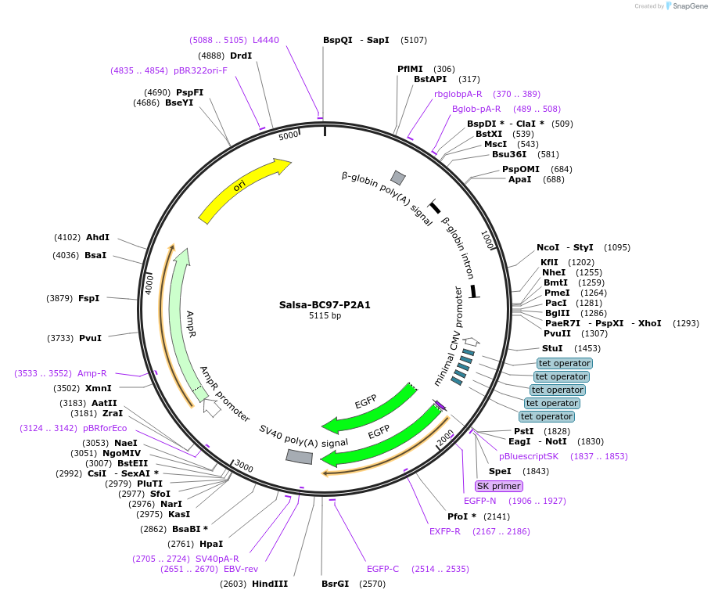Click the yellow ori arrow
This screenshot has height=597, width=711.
point(243,188)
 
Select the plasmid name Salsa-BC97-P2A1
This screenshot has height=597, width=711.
point(325,305)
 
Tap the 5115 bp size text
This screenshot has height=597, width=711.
point(325,316)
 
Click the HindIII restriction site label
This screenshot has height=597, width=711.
point(270,584)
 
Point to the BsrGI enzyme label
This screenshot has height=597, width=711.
point(335,584)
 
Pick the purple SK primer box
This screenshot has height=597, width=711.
point(498,486)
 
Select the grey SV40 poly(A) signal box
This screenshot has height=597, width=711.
point(300,456)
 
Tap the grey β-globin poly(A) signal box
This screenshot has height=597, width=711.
point(398,178)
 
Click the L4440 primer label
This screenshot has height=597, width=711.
point(265,40)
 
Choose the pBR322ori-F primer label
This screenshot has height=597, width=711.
point(200,70)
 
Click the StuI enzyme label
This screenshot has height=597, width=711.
point(552,348)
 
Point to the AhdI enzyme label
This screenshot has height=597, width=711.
point(98,237)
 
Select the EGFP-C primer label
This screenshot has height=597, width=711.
point(382,569)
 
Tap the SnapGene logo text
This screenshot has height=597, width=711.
point(688,6)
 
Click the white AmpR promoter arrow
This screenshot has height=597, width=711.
point(211,407)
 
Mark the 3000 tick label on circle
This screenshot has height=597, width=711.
point(244,467)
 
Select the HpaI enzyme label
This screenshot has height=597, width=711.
point(211,544)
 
